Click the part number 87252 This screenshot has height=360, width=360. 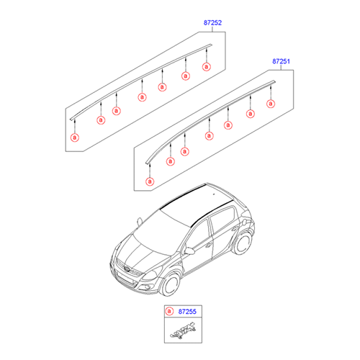212,23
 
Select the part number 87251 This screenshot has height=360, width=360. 281,61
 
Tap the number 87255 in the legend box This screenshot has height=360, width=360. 187,312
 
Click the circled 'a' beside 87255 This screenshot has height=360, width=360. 169,311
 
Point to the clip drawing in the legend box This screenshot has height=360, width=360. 183,330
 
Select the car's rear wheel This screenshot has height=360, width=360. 242,243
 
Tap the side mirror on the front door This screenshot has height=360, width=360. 189,251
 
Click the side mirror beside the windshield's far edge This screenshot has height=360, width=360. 140,221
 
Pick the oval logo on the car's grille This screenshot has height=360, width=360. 126,269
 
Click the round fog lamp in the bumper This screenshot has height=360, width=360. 148,287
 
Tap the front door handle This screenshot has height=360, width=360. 208,246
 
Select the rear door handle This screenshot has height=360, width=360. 235,228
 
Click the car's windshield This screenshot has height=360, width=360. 161,233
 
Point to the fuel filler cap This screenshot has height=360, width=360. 245,222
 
